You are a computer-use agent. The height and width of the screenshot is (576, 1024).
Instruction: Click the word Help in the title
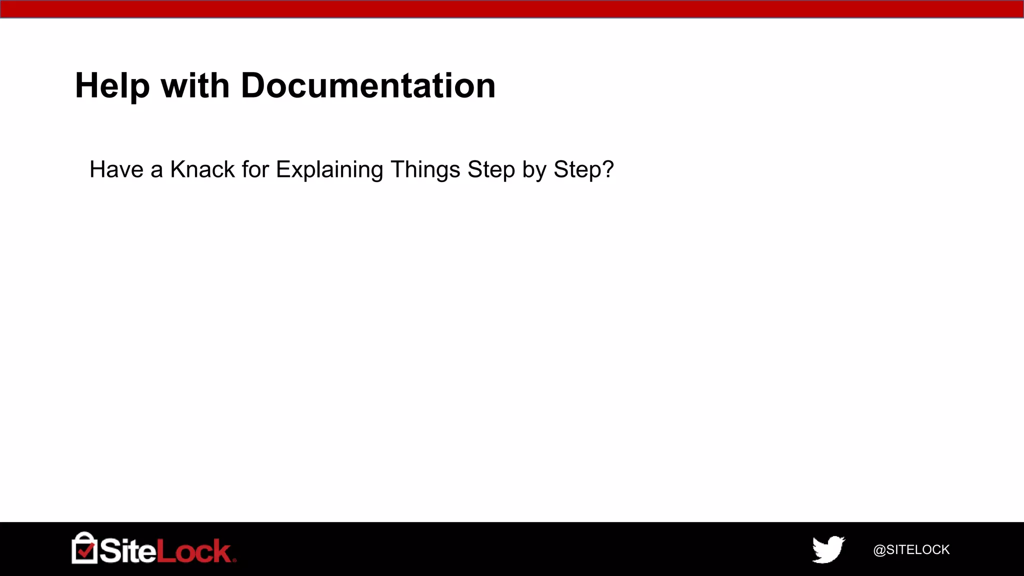(112, 86)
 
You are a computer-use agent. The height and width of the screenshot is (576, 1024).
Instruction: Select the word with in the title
(195, 86)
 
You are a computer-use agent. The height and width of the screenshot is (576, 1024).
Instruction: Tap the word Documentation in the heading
(368, 86)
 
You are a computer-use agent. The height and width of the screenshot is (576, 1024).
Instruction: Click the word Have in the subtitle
(116, 169)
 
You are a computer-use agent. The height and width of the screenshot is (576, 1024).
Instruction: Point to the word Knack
(202, 169)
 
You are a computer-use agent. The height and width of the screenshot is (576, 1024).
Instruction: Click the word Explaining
(329, 170)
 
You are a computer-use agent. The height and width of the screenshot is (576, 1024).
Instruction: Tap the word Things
(425, 170)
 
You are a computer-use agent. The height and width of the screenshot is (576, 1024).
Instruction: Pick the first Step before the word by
(491, 170)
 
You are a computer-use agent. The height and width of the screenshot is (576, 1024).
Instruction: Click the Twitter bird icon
(828, 549)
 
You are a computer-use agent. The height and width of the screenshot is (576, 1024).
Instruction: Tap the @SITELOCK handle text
(911, 550)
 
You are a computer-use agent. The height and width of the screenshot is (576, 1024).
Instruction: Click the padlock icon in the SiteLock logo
(84, 548)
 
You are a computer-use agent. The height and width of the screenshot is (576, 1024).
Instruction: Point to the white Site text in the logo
(127, 551)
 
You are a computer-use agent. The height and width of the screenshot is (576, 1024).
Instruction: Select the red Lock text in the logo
(193, 551)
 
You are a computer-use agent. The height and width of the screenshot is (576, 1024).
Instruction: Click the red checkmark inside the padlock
(85, 550)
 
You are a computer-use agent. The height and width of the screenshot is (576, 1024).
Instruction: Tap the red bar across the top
(512, 9)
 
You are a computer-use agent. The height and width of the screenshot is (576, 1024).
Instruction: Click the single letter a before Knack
(156, 170)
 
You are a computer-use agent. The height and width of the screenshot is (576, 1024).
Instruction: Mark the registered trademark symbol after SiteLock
(234, 560)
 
